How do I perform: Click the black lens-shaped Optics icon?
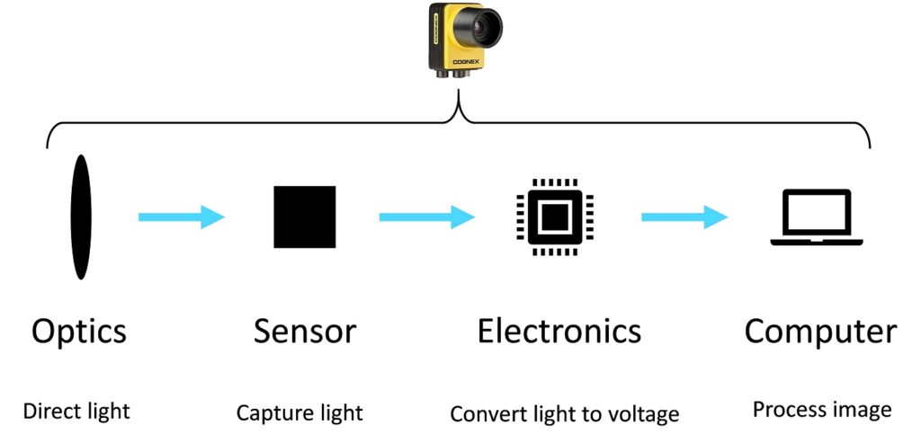81,217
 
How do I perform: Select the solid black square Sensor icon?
305,217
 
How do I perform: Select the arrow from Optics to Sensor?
181,217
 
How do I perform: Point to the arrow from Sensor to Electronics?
426,217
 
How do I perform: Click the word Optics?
79,332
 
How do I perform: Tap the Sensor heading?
305,331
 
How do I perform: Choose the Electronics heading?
559,331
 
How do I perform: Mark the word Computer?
820,332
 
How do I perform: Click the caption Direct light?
76,412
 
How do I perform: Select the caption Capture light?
300,413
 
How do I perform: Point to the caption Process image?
822,411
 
